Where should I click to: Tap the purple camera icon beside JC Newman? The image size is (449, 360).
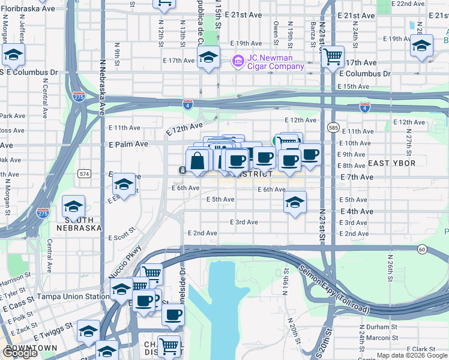pos(238,61)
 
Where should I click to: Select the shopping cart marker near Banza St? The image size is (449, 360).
pos(332,58)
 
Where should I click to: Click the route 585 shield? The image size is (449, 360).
pos(334,127)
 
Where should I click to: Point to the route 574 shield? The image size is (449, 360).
pos(85,174)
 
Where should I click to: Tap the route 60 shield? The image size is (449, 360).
pos(423,248)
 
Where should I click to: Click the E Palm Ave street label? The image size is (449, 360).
pos(128,144)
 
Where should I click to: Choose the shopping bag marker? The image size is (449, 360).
pos(197,161)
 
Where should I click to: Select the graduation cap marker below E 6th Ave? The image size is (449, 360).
pos(294,203)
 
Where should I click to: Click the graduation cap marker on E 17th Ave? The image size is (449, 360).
pos(208,58)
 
